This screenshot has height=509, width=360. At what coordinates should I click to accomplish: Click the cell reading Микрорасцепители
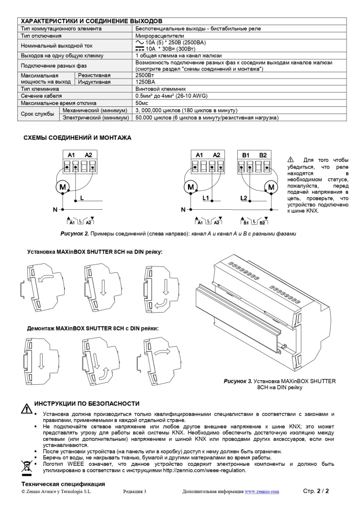point(160,36)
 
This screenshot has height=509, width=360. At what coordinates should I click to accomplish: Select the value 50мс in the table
point(143,103)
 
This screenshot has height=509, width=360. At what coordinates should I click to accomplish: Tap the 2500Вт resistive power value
point(145,75)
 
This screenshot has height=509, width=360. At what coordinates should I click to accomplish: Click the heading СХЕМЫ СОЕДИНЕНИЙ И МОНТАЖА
point(78,137)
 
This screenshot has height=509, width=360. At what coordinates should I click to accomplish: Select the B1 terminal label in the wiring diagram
point(246,155)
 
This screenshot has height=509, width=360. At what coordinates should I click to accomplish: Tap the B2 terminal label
point(263,155)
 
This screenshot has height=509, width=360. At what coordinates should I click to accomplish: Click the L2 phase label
point(243,198)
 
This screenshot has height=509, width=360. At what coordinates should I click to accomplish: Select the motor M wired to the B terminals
point(271,187)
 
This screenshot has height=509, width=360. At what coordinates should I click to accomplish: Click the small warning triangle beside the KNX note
point(291,160)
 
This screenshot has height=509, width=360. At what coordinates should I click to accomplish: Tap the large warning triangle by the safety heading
point(26,409)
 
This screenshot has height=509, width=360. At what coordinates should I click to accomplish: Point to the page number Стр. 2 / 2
point(316,491)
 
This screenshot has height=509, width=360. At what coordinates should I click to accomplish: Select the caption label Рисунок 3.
point(238,381)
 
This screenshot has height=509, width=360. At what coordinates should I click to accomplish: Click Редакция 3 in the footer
point(134,492)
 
